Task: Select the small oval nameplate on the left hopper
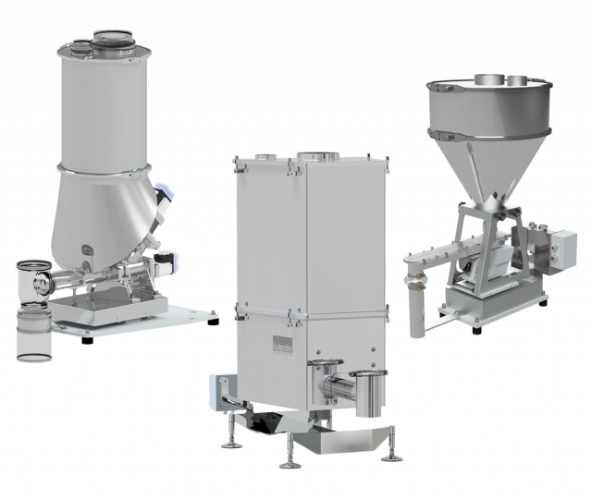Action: pos(87,247)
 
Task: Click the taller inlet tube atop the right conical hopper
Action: pos(487,79)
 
